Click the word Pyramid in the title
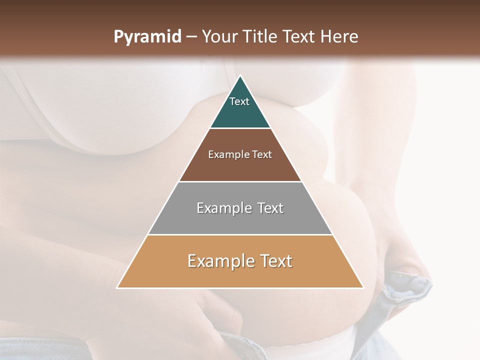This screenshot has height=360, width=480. point(147,37)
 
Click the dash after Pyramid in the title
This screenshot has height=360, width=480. point(191,37)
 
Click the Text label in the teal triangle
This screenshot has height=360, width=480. point(239,101)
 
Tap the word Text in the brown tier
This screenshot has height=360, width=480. point(262,154)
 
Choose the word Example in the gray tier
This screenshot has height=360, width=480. point(223,208)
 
